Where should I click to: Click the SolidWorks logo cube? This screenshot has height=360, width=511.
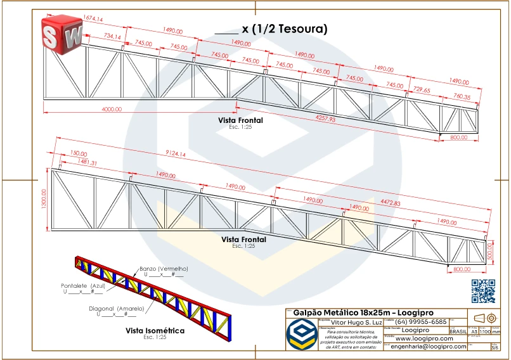pyautogui.click(x=61, y=33)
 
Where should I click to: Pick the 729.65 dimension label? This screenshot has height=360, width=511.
pyautogui.click(x=422, y=91)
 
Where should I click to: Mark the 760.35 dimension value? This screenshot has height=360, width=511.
pyautogui.click(x=462, y=97)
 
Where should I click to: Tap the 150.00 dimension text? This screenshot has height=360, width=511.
pyautogui.click(x=78, y=154)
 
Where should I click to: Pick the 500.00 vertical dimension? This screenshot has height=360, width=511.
pyautogui.click(x=491, y=251)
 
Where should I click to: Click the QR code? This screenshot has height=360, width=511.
pyautogui.click(x=483, y=290)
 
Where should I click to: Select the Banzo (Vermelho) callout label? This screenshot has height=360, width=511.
pyautogui.click(x=164, y=269)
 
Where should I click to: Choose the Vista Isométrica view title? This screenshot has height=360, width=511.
pyautogui.click(x=155, y=331)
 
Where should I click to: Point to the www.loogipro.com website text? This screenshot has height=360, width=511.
pyautogui.click(x=422, y=338)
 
